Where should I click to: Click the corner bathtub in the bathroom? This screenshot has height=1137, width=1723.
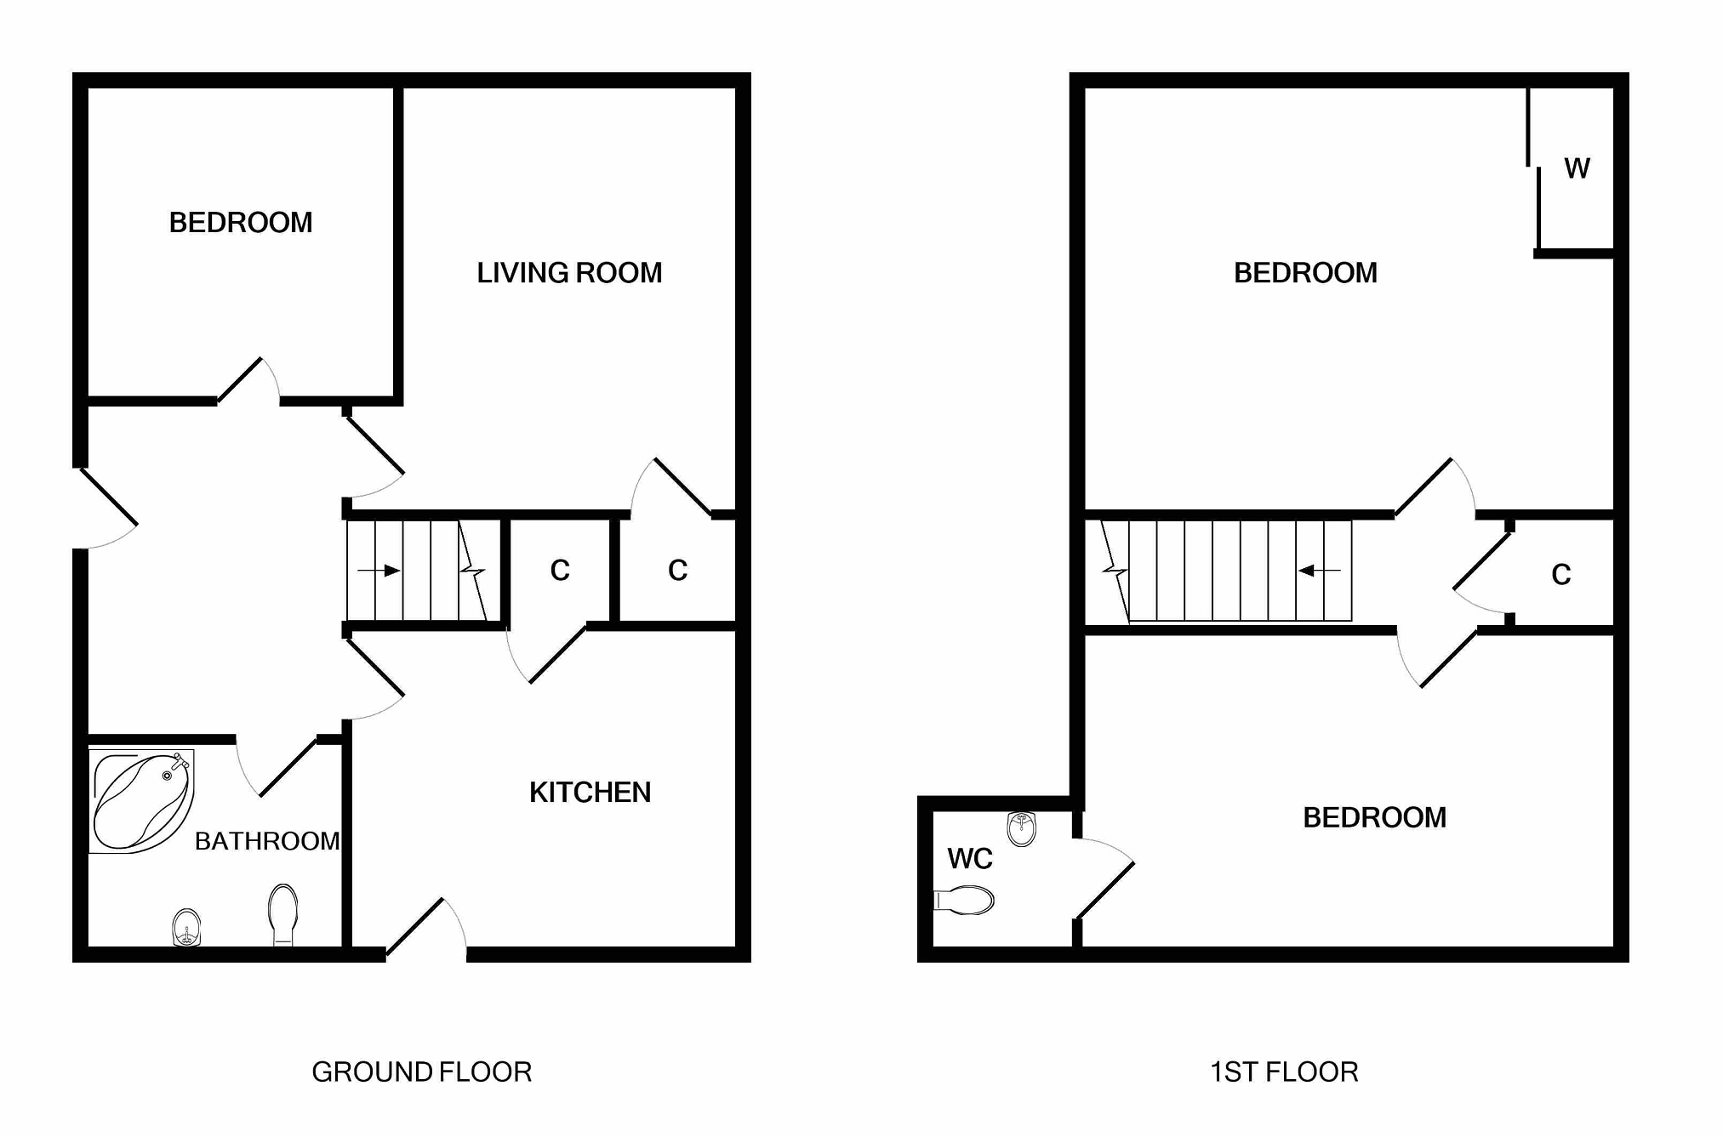point(141,800)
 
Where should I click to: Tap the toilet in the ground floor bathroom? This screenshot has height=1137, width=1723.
point(282,913)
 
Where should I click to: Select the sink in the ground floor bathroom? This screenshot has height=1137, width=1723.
point(186,926)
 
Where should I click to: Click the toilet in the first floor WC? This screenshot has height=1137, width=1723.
point(966,900)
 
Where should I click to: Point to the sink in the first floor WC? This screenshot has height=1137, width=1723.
point(1021,828)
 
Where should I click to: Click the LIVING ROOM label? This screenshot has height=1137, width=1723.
point(569,273)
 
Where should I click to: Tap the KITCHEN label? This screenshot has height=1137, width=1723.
point(590,793)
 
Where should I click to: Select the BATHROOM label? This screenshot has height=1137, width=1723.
point(267,841)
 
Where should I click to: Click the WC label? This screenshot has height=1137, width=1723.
point(970,859)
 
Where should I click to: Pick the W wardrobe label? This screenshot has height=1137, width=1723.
point(1577,168)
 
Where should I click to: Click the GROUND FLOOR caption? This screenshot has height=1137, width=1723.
point(422,1072)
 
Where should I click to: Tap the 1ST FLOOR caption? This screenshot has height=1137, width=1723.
point(1284,1072)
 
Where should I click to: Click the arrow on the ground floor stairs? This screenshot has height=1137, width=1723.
point(379,570)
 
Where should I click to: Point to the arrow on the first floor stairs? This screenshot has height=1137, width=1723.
point(1319,571)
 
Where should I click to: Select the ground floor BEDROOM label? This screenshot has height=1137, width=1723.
point(241,223)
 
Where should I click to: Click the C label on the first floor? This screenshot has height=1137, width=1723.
point(1560,575)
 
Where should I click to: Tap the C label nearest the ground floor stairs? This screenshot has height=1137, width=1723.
point(560,570)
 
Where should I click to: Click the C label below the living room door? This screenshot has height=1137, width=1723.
point(677,570)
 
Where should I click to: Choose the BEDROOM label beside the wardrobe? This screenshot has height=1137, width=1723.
point(1305,273)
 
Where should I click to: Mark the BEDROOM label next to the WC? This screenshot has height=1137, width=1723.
point(1374,817)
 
